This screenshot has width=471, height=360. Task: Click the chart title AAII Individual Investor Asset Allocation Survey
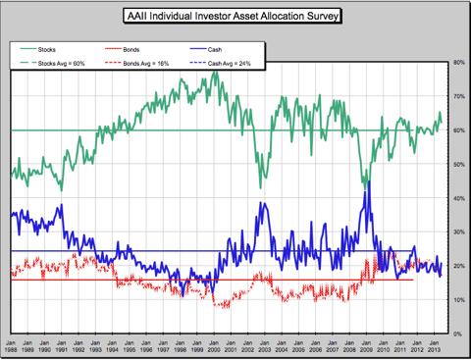(235, 17)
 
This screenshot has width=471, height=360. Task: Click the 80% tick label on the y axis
(458, 63)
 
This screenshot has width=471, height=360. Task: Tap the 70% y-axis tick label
(458, 96)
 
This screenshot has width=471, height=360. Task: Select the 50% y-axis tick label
(458, 164)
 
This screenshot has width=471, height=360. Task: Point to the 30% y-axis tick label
(458, 232)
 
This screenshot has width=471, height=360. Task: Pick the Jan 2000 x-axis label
(213, 346)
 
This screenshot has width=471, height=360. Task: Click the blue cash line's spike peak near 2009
(367, 182)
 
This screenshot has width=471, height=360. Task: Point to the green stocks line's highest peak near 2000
(215, 73)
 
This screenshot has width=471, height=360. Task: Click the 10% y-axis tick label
(458, 300)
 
